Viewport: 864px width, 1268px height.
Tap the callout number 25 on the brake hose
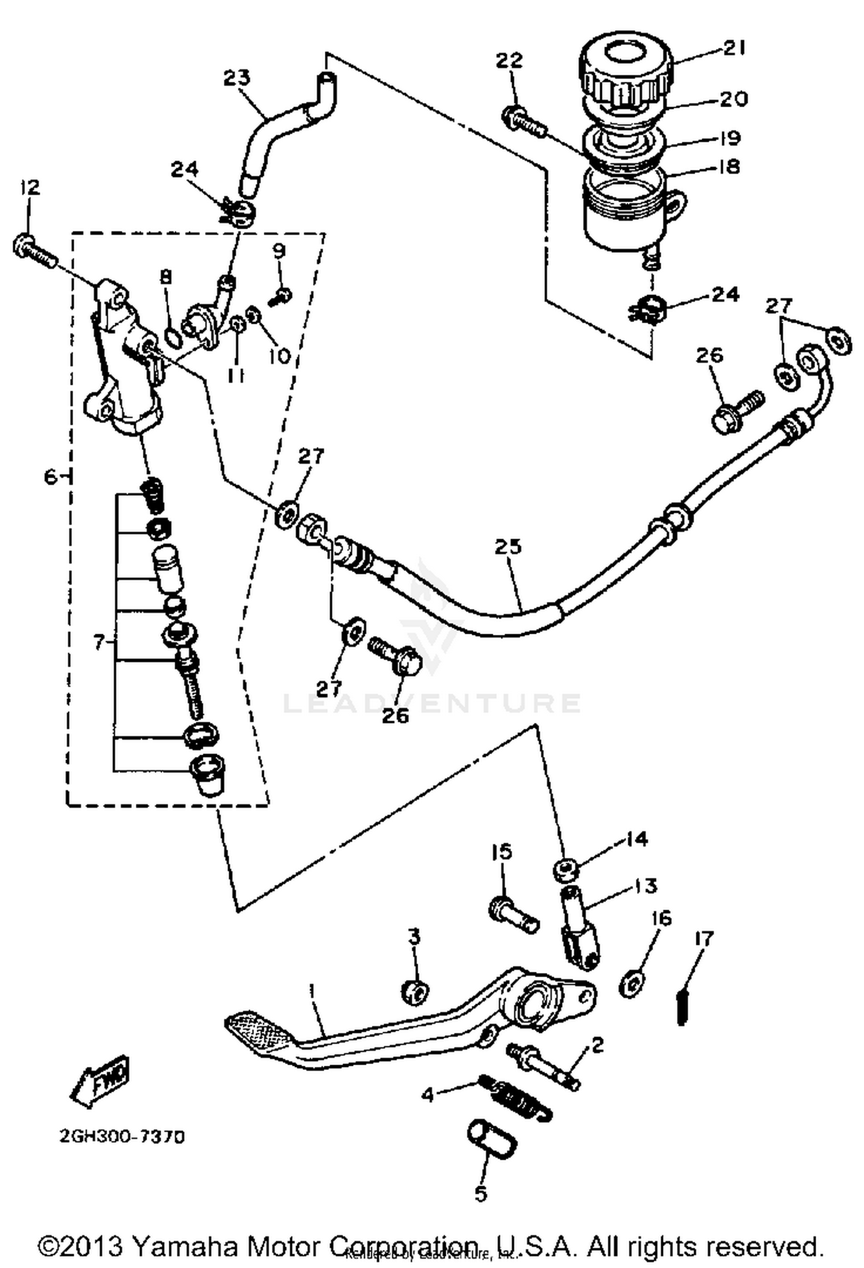(x=507, y=546)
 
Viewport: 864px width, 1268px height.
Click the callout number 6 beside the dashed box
(x=51, y=477)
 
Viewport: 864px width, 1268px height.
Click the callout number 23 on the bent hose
(x=237, y=78)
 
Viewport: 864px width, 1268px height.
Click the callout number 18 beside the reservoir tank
(x=729, y=167)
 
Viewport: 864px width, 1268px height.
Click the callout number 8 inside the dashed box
(x=166, y=278)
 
